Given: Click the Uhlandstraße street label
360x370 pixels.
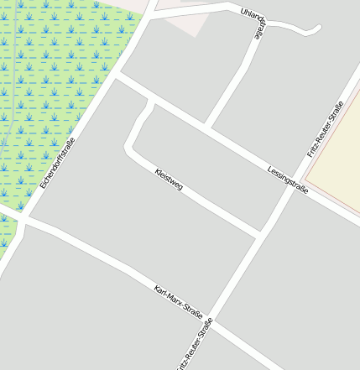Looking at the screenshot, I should (x=256, y=23).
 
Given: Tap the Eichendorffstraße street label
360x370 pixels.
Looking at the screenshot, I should (x=57, y=163).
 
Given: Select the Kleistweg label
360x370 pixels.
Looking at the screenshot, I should (x=169, y=180).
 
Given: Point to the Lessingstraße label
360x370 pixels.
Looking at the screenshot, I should (x=288, y=177).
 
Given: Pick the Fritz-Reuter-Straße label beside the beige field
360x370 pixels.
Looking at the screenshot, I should (x=326, y=129).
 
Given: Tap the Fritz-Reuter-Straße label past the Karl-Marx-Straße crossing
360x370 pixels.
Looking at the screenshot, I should (x=196, y=344).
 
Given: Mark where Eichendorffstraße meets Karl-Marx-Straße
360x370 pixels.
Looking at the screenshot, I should (x=25, y=220).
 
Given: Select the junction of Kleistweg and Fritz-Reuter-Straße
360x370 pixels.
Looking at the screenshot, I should (x=257, y=234).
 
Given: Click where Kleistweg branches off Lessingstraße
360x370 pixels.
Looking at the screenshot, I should (x=152, y=99).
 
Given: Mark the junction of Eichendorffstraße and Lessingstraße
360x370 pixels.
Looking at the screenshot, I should (x=117, y=77).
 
